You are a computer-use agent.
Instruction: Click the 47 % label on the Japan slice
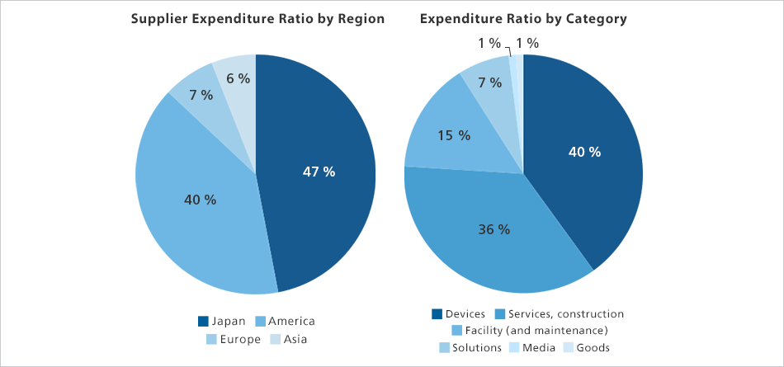point(319,172)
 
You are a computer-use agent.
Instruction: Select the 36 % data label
point(494,229)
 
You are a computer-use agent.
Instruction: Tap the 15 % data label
point(454,135)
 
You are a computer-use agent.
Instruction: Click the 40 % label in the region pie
point(200,200)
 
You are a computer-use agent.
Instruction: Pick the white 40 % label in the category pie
point(584,152)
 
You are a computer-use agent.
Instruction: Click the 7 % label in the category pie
point(489,82)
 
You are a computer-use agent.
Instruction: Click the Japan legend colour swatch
point(203,321)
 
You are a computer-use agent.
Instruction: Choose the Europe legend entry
point(233,340)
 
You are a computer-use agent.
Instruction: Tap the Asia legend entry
point(289,340)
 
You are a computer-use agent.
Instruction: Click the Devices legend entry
point(458,314)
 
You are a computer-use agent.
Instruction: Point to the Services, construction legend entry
point(559,314)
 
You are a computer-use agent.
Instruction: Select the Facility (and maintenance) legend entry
point(530,331)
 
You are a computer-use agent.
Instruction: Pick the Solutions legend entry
point(470,347)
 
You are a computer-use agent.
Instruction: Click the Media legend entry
point(532,347)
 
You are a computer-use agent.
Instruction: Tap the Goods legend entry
point(587,347)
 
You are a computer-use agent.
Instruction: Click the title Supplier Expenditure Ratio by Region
point(257,19)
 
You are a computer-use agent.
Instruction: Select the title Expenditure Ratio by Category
point(523,19)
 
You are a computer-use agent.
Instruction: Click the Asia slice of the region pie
point(240,100)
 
